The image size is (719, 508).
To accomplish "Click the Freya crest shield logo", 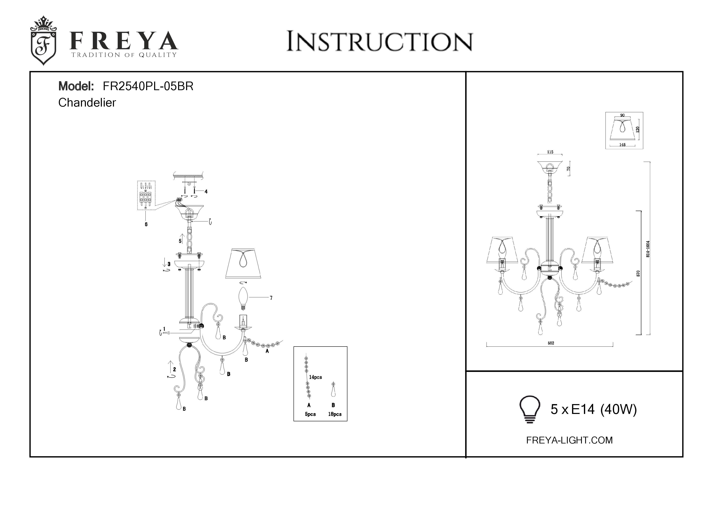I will (x=43, y=41).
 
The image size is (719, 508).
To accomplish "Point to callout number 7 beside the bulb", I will (x=271, y=298).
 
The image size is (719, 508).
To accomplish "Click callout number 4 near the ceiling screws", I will (x=206, y=192).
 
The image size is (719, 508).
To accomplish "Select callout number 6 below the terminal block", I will (x=146, y=224).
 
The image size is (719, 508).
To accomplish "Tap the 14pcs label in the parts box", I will (x=315, y=377).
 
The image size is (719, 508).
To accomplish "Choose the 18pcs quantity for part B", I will (x=335, y=414).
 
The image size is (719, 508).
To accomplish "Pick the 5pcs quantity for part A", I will (x=310, y=414).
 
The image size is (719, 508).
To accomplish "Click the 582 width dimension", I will (x=551, y=343).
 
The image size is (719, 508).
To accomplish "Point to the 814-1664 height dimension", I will (x=648, y=249).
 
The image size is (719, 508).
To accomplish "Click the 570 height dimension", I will (x=638, y=273).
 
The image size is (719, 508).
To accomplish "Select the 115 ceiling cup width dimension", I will (x=550, y=152).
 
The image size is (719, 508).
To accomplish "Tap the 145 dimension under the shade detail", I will (x=622, y=145).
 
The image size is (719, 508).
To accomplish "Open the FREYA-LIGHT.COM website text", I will (x=569, y=440).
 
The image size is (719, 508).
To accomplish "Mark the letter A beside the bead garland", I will (x=267, y=351).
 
